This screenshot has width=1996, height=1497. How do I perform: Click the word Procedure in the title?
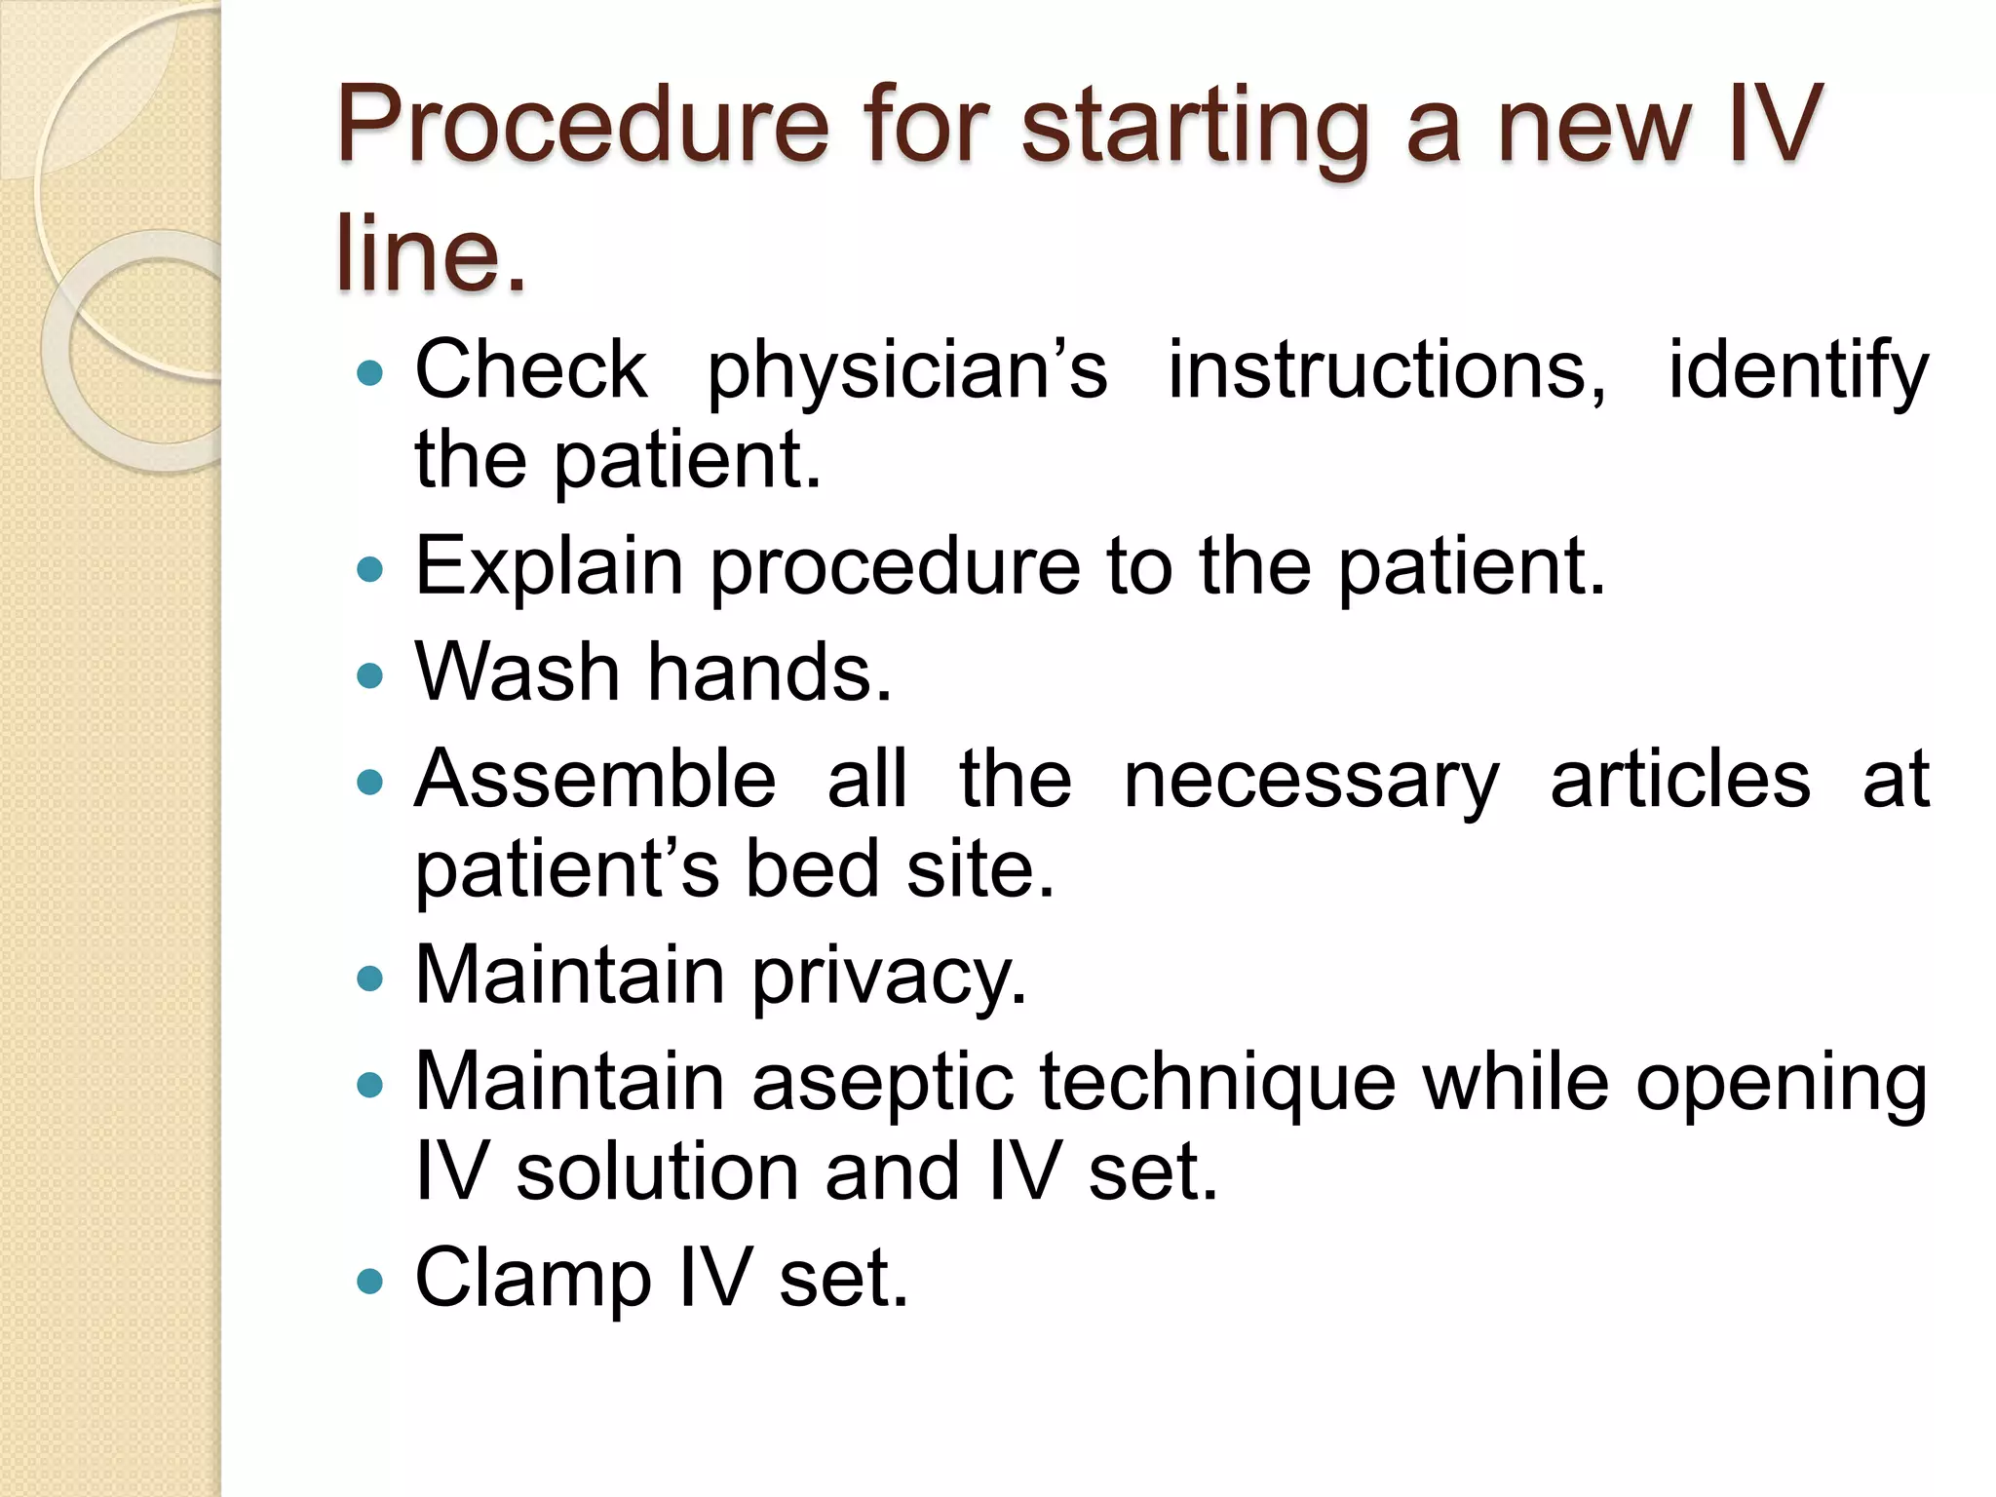[582, 127]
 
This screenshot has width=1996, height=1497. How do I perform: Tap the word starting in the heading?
[1194, 127]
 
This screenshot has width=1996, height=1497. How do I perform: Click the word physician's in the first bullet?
[907, 372]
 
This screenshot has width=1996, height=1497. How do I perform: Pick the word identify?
[1798, 372]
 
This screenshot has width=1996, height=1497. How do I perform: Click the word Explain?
[549, 567]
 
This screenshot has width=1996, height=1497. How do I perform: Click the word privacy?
[889, 977]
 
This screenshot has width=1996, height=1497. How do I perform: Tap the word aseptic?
[883, 1084]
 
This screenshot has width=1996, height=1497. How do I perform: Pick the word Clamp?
[533, 1279]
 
